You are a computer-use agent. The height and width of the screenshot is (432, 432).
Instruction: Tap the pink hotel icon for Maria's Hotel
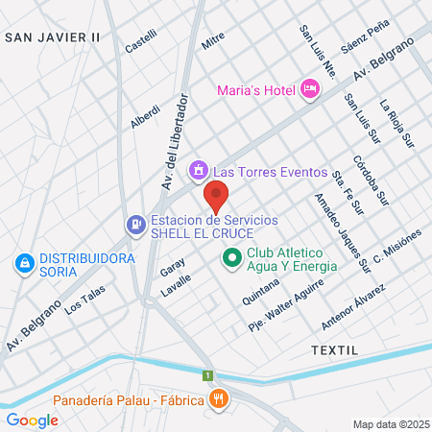tap(310, 89)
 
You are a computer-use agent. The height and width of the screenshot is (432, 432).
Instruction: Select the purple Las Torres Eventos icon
tap(198, 171)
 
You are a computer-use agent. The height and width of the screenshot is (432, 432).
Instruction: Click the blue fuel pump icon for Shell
tap(135, 225)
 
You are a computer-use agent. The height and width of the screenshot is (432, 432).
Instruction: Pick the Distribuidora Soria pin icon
tap(23, 261)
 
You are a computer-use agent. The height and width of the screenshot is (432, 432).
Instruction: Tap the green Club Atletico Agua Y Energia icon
tap(231, 258)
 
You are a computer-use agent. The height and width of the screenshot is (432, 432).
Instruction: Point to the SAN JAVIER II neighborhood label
tap(53, 37)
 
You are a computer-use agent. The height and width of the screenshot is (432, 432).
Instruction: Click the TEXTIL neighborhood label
tap(334, 351)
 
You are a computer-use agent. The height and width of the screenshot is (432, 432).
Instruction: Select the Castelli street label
tap(141, 41)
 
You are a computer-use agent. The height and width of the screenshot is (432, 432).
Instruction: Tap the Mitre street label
tap(212, 42)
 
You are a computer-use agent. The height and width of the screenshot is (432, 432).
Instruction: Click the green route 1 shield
tap(206, 374)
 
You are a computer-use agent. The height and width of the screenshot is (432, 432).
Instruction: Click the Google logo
tap(32, 420)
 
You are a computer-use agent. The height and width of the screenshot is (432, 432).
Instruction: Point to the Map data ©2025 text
tap(390, 424)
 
